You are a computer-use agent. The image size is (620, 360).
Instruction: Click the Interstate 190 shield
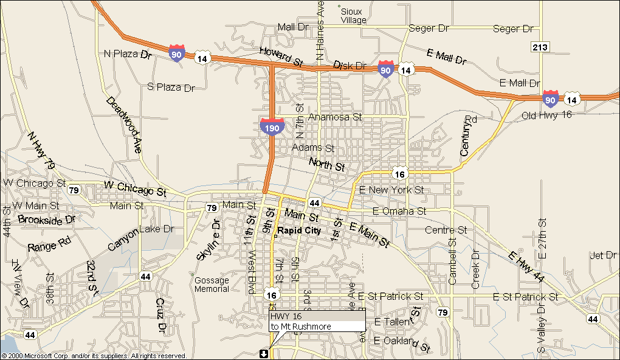point(272,126)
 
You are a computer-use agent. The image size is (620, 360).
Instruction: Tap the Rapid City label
point(299,231)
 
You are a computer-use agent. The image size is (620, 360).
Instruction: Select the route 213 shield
point(540,47)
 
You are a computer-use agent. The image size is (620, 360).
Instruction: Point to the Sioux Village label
point(353,16)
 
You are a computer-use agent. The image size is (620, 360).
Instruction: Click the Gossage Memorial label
point(212,285)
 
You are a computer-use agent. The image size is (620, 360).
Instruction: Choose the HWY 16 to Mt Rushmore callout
point(317,321)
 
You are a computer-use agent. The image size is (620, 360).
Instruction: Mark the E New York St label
point(391,190)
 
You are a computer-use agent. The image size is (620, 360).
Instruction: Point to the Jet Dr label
point(603,255)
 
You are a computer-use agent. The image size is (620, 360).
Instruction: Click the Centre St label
point(446,230)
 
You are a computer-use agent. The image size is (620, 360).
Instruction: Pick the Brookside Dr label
point(46,220)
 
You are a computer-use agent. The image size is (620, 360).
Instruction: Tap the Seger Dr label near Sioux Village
point(429,29)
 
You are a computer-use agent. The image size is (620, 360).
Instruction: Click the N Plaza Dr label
point(128,54)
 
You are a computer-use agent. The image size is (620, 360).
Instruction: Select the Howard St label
point(281,56)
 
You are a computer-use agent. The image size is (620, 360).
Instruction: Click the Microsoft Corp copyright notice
point(94,356)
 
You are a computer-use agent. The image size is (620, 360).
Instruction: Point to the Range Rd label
point(49,246)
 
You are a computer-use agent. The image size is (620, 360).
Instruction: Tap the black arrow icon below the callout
point(263,353)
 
